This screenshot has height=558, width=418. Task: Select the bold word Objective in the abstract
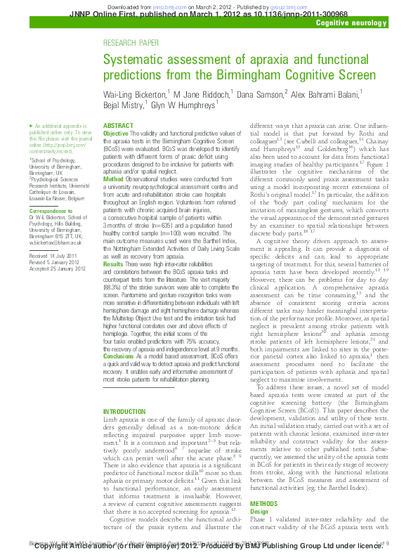point(116,134)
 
